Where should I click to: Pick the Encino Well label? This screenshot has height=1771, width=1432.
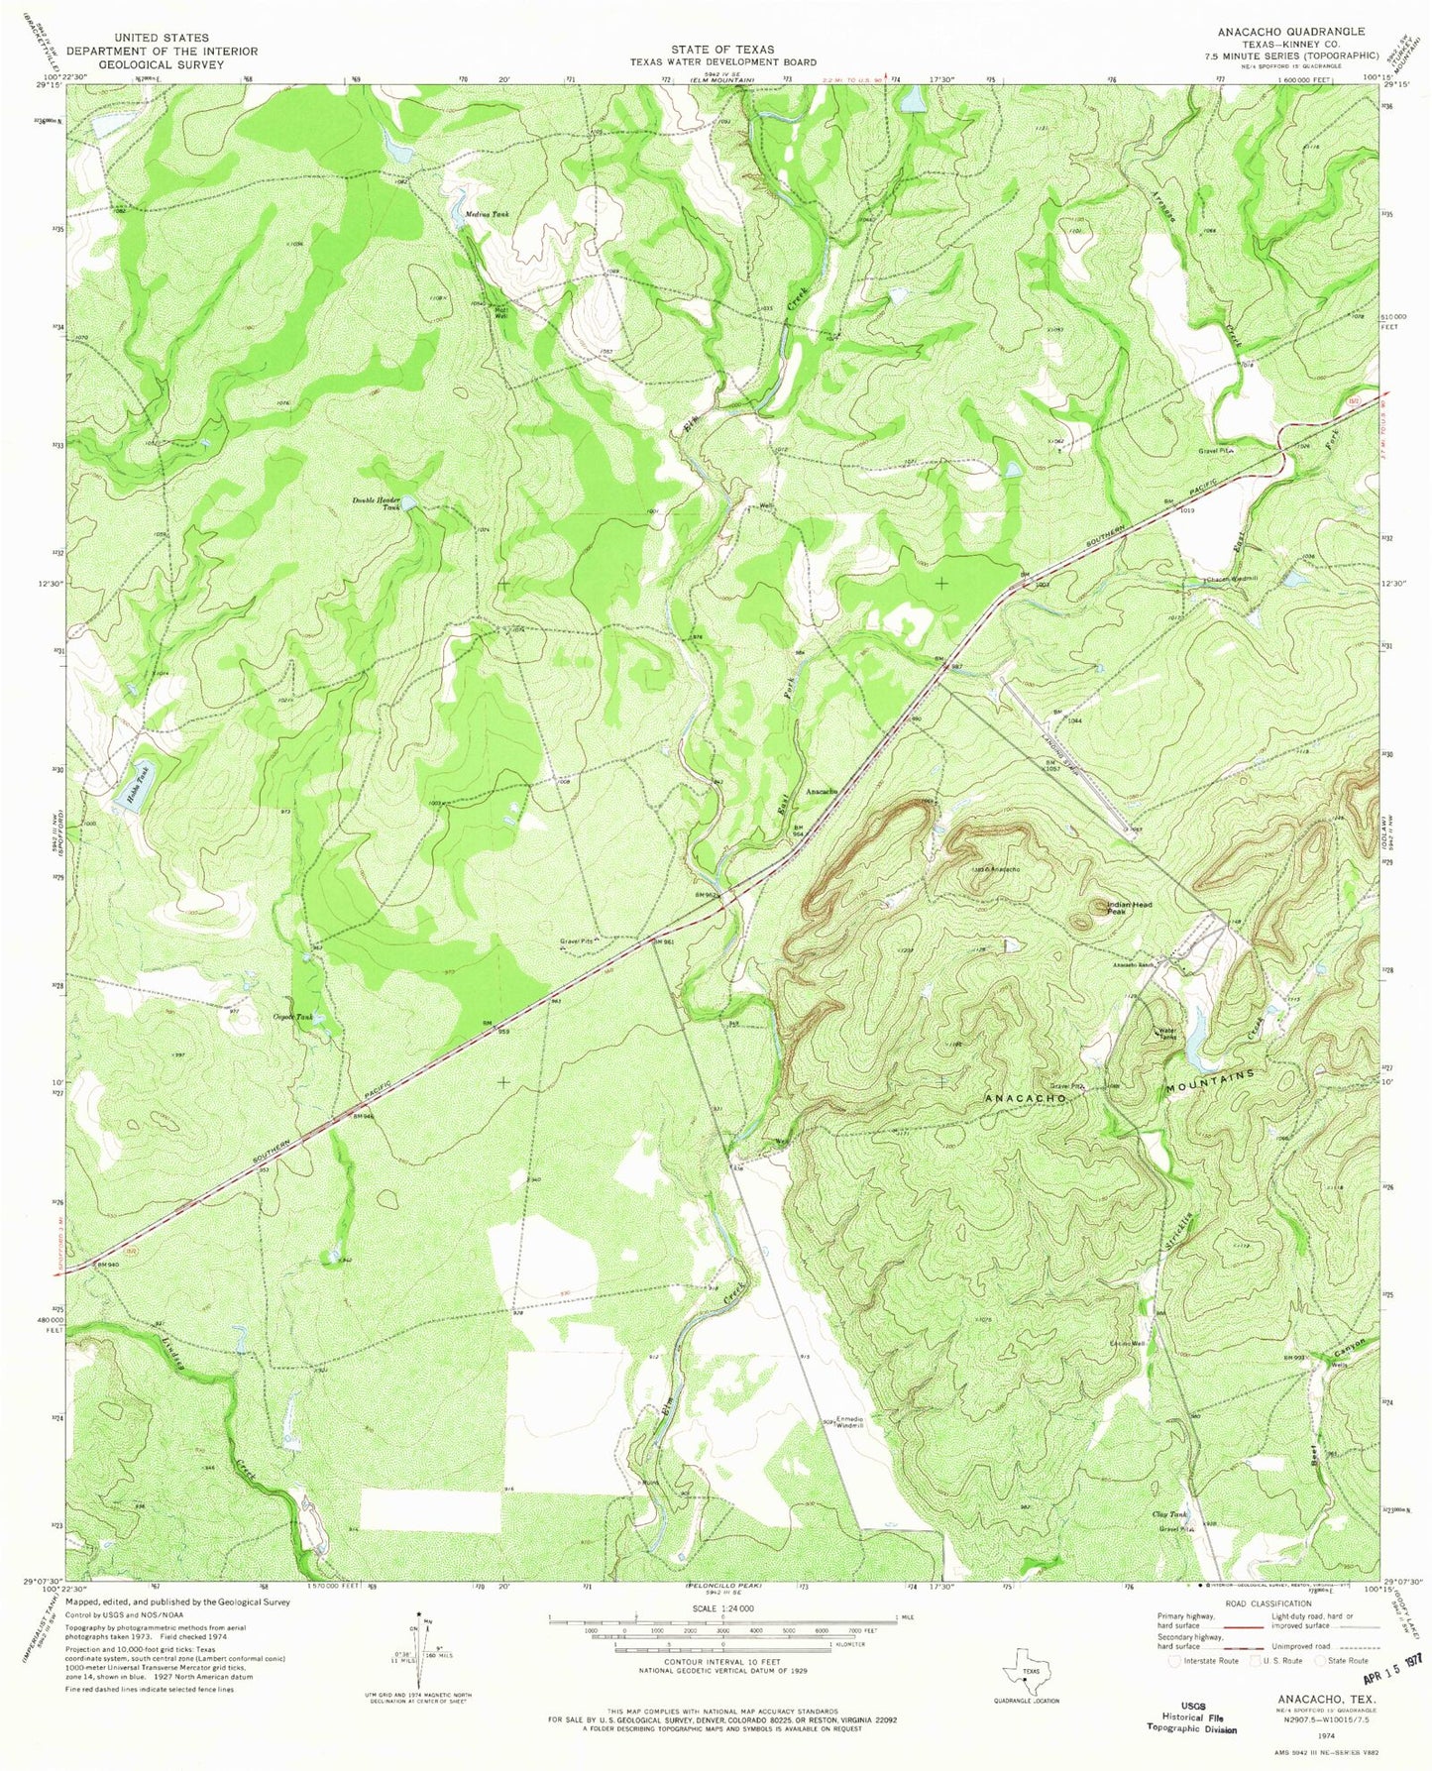pos(1129,1344)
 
